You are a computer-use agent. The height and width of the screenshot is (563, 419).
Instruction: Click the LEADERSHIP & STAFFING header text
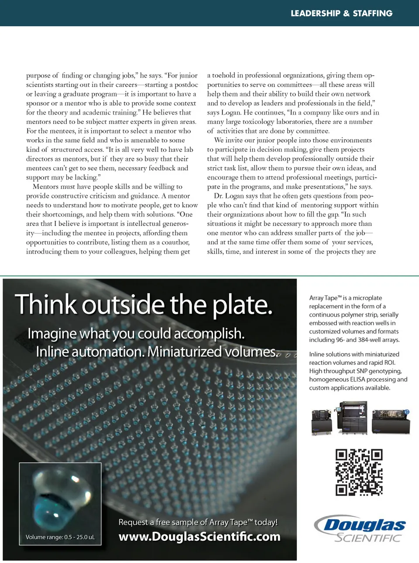pos(341,13)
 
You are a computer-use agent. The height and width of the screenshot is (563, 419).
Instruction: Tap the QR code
pos(359,472)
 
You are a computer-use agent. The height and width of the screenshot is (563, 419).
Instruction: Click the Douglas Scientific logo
pos(360,529)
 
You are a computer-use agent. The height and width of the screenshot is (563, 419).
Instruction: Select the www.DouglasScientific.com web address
pos(199,536)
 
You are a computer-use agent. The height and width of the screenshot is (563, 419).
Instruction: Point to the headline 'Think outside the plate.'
pos(144,304)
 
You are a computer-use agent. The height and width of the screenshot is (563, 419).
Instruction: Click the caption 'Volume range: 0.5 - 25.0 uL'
pos(60,537)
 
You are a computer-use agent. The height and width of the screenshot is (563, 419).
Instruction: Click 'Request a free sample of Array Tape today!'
pos(198,522)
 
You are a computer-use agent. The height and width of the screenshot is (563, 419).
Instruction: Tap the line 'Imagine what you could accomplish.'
pos(136,333)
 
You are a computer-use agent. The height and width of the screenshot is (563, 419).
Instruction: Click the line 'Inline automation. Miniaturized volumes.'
pos(157,351)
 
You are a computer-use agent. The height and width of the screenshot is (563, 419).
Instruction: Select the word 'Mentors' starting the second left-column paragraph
pos(45,186)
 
